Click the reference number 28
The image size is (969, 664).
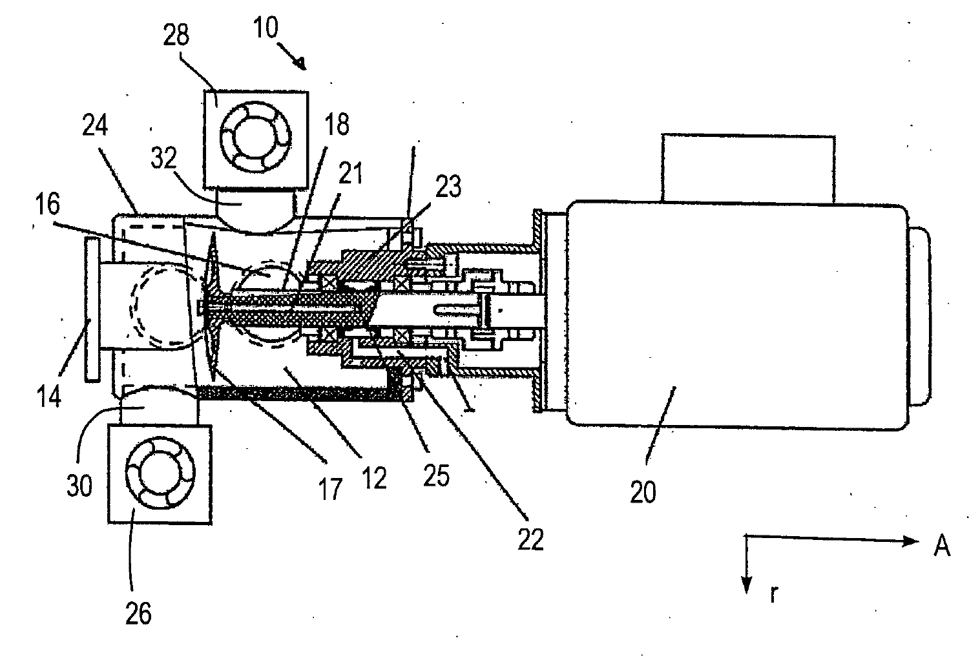[176, 35]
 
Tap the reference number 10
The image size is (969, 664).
[266, 27]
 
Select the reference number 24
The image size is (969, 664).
[95, 125]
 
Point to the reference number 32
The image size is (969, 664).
[163, 158]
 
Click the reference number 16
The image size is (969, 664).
[48, 204]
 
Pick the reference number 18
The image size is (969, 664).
[337, 124]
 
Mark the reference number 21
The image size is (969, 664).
[350, 174]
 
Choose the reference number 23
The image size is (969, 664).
[448, 187]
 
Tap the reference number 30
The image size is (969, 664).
[79, 485]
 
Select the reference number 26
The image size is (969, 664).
[138, 614]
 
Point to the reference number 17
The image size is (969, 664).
[331, 489]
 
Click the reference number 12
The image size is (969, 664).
[374, 479]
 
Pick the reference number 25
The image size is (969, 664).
[437, 475]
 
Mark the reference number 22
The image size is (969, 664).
[531, 539]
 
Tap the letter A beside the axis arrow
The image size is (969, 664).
[942, 546]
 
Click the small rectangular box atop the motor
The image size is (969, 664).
[748, 169]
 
